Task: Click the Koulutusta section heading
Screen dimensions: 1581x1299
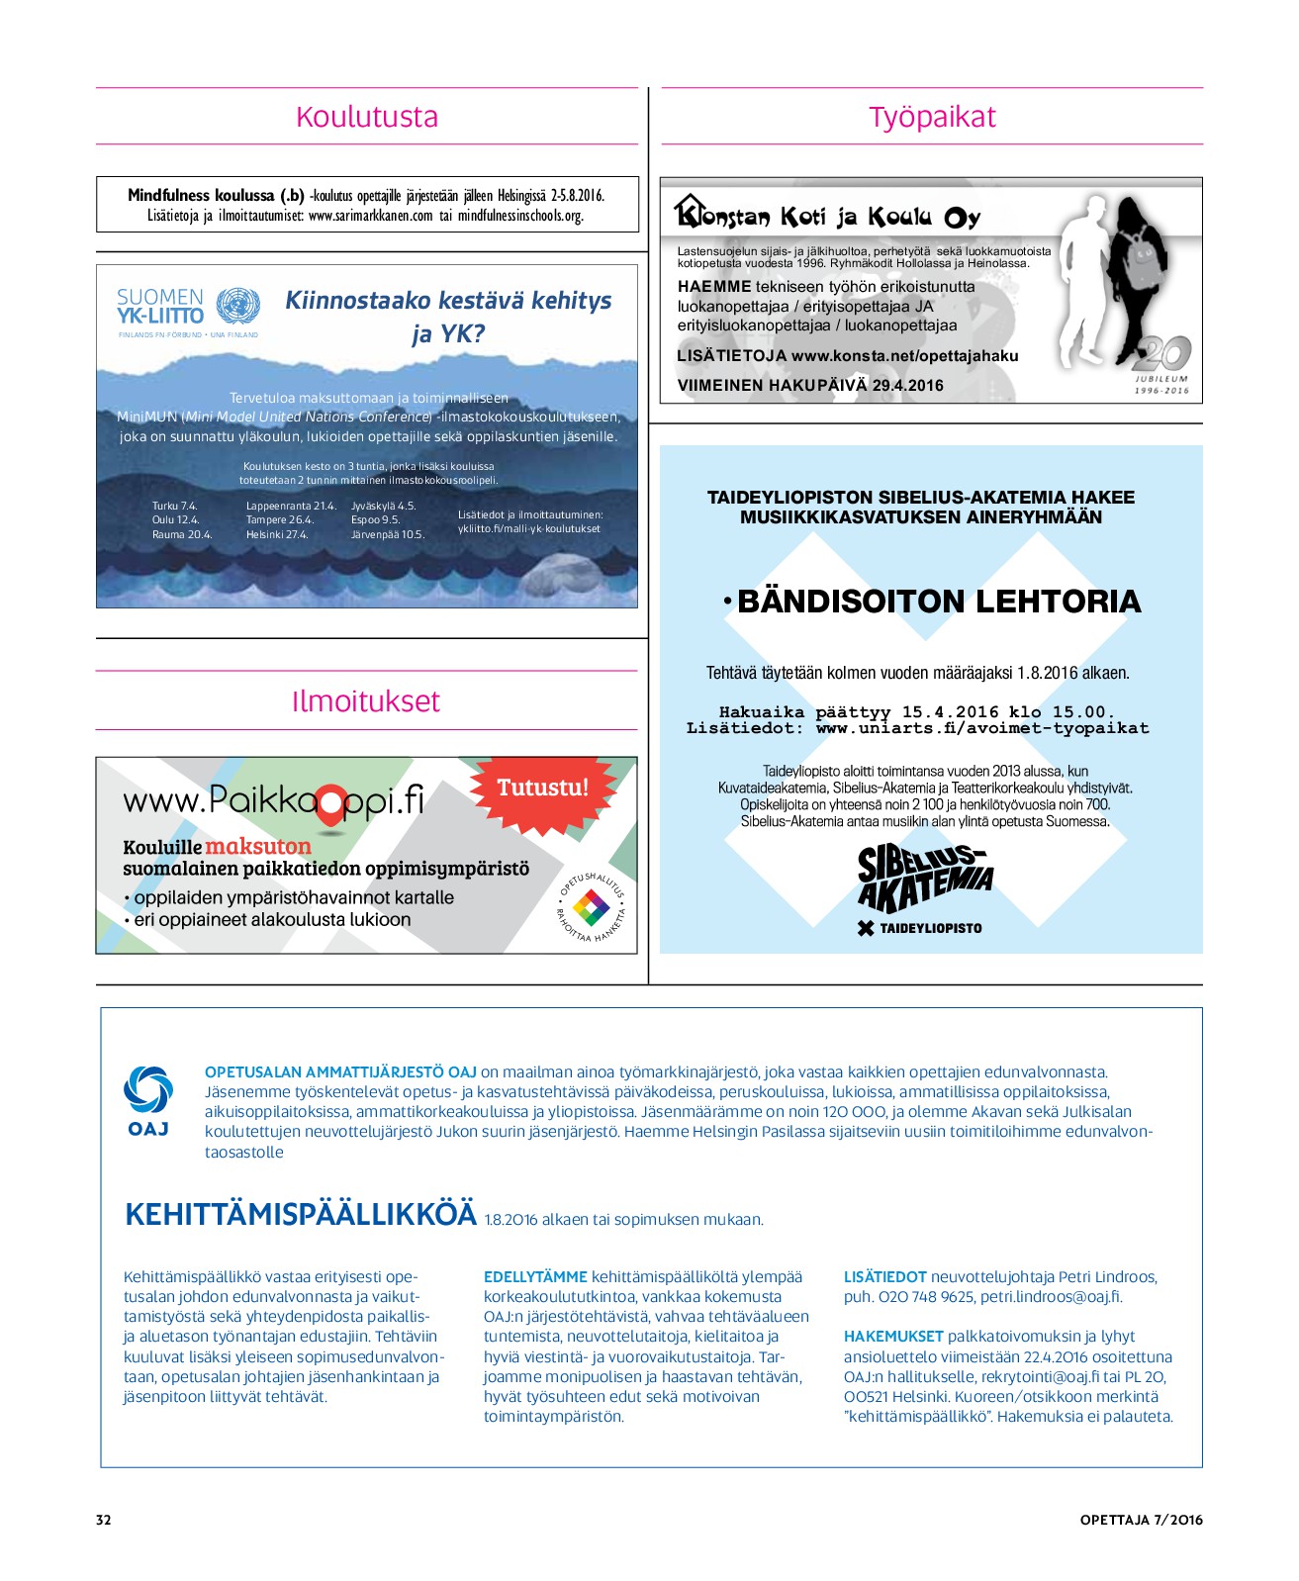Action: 367,117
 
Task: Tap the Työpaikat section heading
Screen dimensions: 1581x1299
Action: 932,117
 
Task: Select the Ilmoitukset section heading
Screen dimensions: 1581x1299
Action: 366,701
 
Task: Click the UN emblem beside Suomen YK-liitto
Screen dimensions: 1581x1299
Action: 237,307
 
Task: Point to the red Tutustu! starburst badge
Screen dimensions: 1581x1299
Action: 542,788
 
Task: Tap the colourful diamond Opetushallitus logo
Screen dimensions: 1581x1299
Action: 592,906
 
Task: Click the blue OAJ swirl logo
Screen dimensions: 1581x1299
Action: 148,1089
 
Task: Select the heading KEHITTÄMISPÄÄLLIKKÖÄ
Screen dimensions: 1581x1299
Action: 301,1215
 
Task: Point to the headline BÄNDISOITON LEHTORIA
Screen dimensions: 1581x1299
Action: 938,602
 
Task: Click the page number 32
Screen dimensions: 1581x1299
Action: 104,1520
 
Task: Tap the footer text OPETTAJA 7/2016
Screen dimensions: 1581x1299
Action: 1141,1520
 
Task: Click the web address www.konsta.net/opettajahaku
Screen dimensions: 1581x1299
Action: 904,356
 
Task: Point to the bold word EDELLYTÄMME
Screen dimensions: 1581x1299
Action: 535,1277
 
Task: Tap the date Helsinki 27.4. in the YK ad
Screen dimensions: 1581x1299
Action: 277,534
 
